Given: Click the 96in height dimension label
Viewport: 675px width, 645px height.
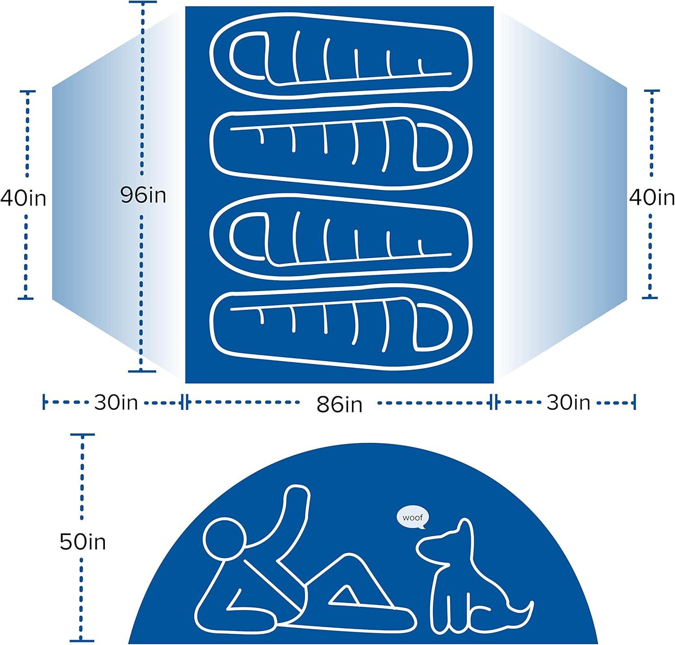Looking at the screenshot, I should (x=143, y=195).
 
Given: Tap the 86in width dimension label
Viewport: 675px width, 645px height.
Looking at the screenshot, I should (x=339, y=404).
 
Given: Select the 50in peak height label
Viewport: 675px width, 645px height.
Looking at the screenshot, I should (x=83, y=542).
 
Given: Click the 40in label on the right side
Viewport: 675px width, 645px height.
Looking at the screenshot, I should (x=652, y=197).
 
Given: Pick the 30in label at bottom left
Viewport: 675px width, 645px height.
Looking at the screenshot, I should (x=116, y=402).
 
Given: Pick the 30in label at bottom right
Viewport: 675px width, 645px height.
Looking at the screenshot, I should (x=568, y=402).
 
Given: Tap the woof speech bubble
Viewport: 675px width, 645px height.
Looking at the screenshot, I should (x=412, y=518).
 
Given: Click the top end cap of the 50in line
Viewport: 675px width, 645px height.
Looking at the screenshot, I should (x=82, y=435).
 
